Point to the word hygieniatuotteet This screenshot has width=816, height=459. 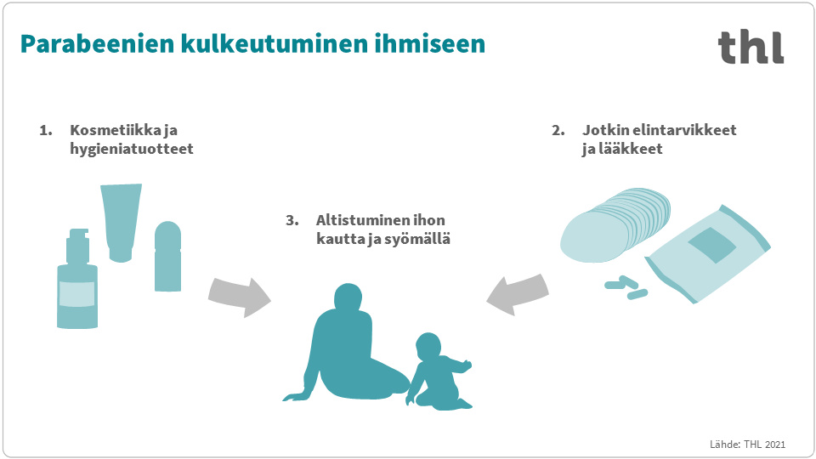point(132,149)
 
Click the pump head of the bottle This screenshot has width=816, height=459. point(77,235)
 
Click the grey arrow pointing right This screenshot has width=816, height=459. point(239,296)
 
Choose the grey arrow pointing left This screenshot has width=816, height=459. point(518,293)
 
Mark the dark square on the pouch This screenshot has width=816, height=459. point(711,247)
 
